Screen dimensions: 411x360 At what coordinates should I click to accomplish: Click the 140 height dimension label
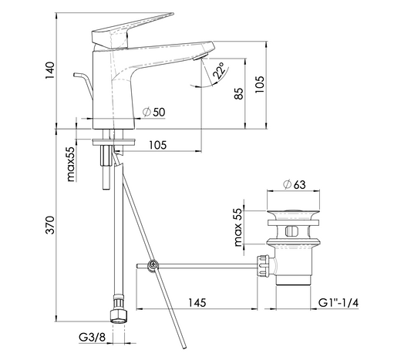(x=50, y=70)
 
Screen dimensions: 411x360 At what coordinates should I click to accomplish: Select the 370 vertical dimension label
(x=50, y=225)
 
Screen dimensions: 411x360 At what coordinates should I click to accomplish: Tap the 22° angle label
(x=220, y=71)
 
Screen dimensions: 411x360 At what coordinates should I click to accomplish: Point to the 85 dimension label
(x=239, y=93)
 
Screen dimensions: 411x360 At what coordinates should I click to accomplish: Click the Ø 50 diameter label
(x=154, y=112)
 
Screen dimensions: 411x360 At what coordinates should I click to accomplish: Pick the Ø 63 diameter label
(x=295, y=184)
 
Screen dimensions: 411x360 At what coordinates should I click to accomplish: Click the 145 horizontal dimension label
(x=197, y=303)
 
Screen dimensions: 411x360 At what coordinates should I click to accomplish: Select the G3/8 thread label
(x=92, y=337)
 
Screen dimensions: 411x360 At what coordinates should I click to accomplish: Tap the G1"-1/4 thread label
(x=339, y=303)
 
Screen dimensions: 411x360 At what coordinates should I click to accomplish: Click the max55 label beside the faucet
(x=71, y=164)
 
